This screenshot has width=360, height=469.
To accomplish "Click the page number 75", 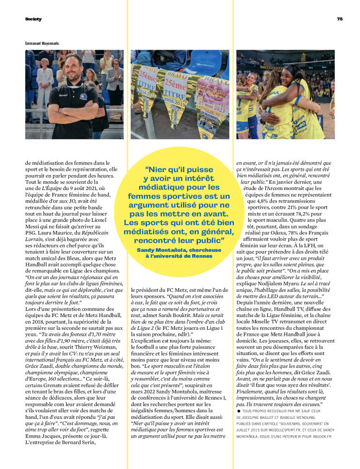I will tap(339, 19).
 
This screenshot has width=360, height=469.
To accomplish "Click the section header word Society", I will tap(33, 19).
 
